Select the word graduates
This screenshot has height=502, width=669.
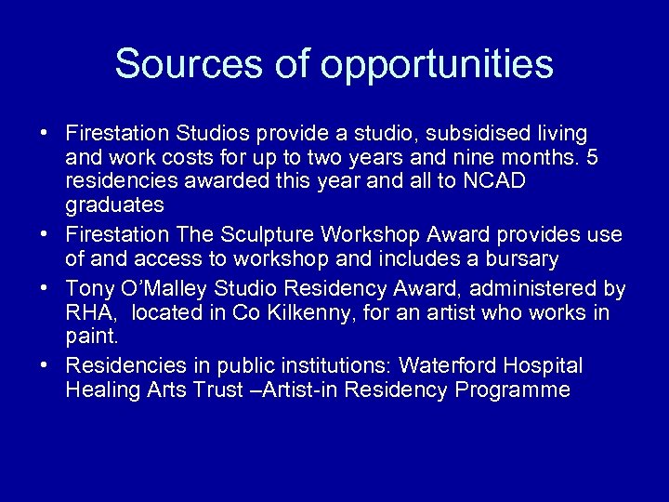click(x=115, y=205)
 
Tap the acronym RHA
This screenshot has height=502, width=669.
click(x=87, y=313)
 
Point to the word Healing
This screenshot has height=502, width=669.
click(x=102, y=390)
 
